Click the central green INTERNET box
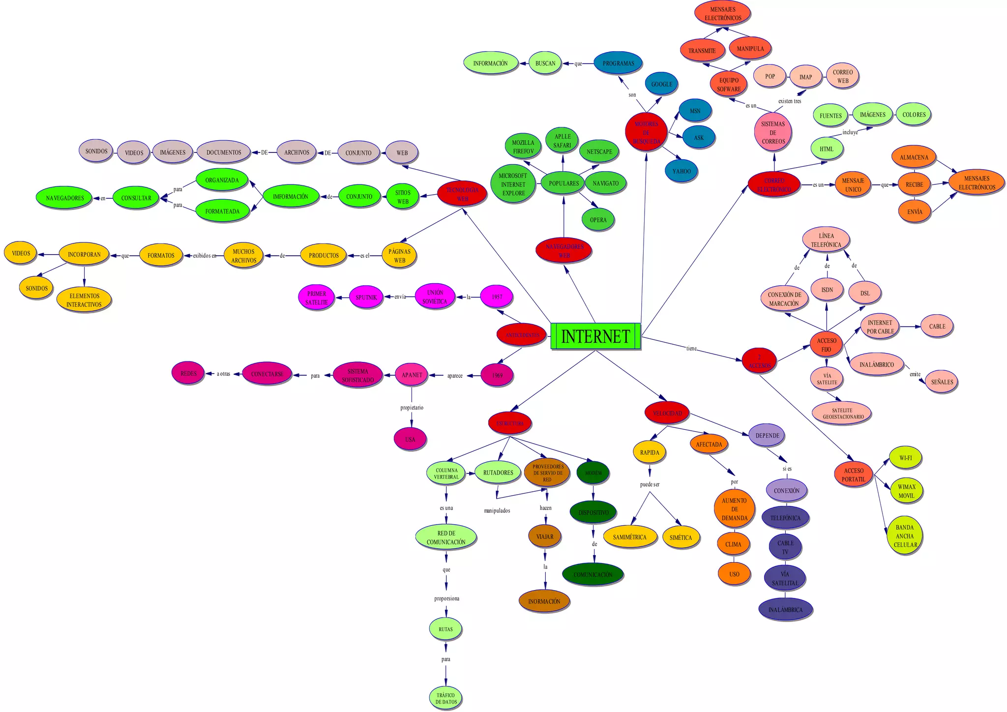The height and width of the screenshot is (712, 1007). pyautogui.click(x=595, y=336)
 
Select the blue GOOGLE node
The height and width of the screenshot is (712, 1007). pyautogui.click(x=661, y=84)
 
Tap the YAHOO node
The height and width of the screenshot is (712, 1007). pyautogui.click(x=681, y=171)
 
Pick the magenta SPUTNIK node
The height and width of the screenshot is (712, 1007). pyautogui.click(x=366, y=297)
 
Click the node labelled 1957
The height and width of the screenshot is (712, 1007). pyautogui.click(x=497, y=297)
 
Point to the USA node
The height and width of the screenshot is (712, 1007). pyautogui.click(x=410, y=440)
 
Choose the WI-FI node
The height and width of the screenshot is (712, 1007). pyautogui.click(x=905, y=458)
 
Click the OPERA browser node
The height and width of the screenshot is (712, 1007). pyautogui.click(x=598, y=220)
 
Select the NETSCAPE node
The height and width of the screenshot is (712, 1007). pyautogui.click(x=599, y=151)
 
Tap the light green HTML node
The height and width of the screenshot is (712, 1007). pyautogui.click(x=827, y=149)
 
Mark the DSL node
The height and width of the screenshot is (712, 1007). pyautogui.click(x=864, y=293)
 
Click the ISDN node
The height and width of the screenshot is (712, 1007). pyautogui.click(x=827, y=290)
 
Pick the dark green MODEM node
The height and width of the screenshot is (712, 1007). pyautogui.click(x=593, y=473)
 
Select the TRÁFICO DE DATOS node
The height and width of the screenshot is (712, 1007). pyautogui.click(x=445, y=698)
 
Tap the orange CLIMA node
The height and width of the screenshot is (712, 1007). pyautogui.click(x=733, y=544)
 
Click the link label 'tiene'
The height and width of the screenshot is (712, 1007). pyautogui.click(x=691, y=348)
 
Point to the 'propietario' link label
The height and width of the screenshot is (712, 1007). pyautogui.click(x=412, y=408)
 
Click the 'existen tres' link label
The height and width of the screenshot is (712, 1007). pyautogui.click(x=790, y=101)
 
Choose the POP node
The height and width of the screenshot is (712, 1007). pyautogui.click(x=770, y=76)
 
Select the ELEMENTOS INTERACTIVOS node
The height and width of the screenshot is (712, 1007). pyautogui.click(x=84, y=300)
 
